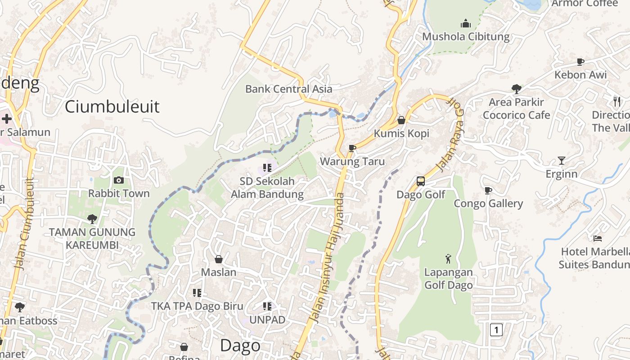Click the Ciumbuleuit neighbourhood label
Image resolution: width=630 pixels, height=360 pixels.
[112, 107]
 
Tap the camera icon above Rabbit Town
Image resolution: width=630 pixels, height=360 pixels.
[119, 180]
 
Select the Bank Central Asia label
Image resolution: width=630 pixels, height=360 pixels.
[288, 89]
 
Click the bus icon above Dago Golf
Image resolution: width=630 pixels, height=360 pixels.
[421, 181]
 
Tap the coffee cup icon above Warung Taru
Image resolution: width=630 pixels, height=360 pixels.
[352, 148]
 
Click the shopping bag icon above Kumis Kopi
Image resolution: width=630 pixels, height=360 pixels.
[401, 120]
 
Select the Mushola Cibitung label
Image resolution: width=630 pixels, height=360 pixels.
[466, 37]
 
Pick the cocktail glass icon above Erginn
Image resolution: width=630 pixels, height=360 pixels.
[561, 160]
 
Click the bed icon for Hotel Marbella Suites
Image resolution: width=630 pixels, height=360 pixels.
[598, 238]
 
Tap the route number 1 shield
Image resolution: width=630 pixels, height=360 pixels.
[496, 330]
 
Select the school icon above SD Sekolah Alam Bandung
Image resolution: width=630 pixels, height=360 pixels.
[267, 168]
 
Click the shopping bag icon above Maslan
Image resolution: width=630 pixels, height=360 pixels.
[219, 259]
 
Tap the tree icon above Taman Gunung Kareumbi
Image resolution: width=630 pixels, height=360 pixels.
[92, 219]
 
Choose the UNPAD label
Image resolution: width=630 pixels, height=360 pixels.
[267, 320]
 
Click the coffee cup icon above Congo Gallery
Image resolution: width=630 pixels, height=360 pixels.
[488, 190]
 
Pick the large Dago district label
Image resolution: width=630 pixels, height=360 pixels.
[240, 346]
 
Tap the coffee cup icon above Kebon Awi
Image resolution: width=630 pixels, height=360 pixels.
[580, 62]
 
